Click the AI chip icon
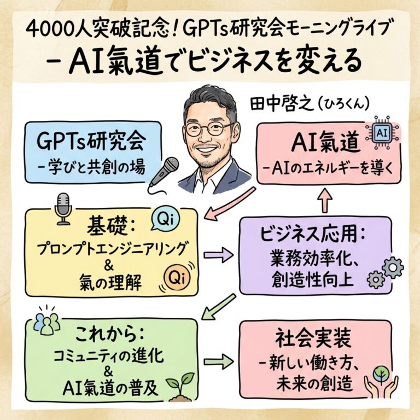tap(382, 133)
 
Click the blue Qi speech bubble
tap(165, 219)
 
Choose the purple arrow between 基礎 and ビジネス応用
tap(218, 255)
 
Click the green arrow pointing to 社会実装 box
tap(218, 362)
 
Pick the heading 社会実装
tap(313, 339)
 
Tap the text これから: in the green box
tap(110, 335)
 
